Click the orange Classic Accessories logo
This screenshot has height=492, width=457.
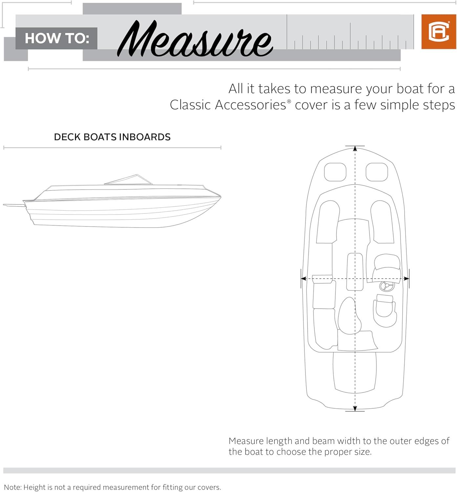[438, 32]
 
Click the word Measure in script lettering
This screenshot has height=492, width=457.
[195, 38]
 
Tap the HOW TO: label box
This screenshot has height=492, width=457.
[56, 38]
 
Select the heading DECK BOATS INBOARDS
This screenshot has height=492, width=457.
[112, 137]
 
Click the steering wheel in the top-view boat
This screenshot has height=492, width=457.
[386, 286]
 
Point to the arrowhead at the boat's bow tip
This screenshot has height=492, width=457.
[355, 149]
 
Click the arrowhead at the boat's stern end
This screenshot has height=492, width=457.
[355, 408]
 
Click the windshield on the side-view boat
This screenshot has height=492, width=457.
[128, 180]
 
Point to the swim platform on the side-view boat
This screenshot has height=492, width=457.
[14, 205]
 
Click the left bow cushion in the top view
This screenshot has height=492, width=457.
[335, 172]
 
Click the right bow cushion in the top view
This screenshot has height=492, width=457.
[377, 172]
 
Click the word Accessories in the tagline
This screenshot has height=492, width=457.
[250, 105]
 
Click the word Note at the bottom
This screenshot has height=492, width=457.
[13, 487]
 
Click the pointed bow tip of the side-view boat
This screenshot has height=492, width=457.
[220, 197]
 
